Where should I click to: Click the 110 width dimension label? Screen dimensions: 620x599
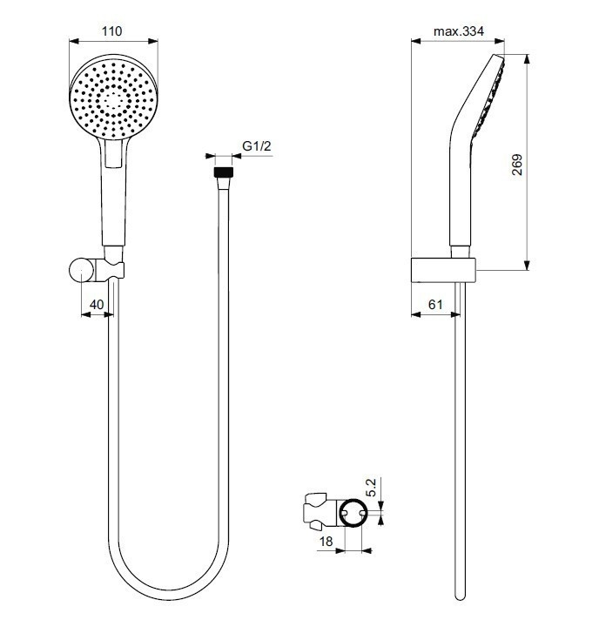click(111, 32)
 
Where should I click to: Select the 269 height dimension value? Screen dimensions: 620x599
click(516, 165)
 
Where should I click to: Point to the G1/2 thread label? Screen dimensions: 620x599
click(257, 146)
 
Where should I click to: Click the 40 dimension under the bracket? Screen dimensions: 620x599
click(97, 304)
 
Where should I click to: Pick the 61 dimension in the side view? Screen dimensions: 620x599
click(435, 304)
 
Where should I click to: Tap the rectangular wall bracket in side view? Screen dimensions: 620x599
click(442, 271)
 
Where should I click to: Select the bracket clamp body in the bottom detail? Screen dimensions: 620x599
click(320, 512)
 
